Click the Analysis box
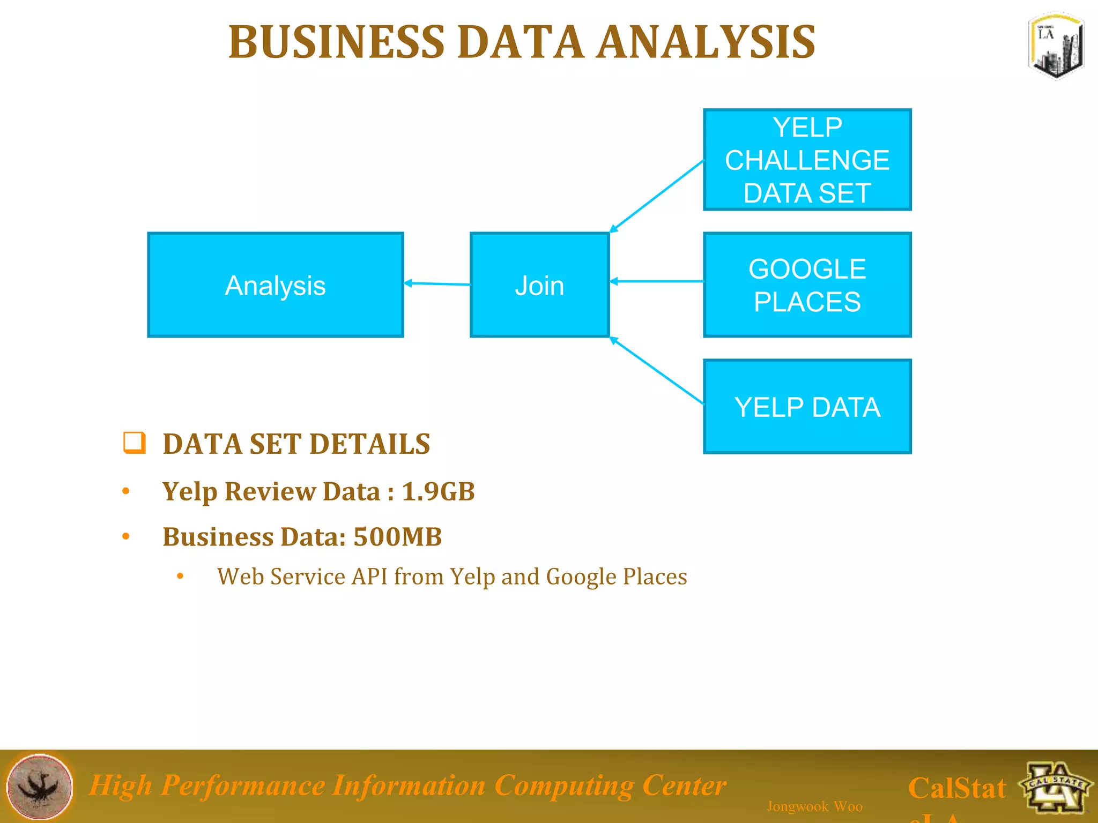[x=275, y=285]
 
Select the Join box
[x=539, y=285]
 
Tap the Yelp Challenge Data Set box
[x=807, y=160]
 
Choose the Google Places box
[x=807, y=285]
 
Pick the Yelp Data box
[x=807, y=407]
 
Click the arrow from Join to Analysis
[x=437, y=283]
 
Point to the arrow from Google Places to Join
[x=656, y=281]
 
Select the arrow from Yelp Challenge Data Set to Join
[x=656, y=196]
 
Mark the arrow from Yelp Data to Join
[x=656, y=370]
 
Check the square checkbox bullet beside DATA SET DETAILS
[x=134, y=443]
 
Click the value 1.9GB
[x=438, y=491]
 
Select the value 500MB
[x=397, y=537]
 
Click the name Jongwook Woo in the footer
[x=814, y=806]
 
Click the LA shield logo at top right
[x=1056, y=46]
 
